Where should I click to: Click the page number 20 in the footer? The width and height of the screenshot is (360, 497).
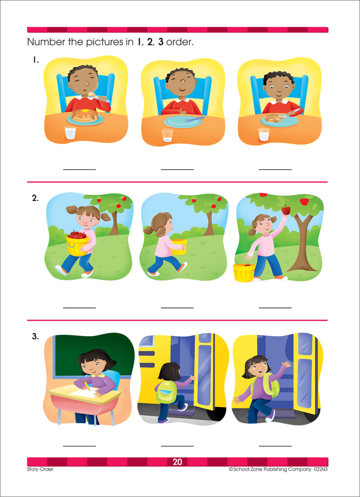point(177,462)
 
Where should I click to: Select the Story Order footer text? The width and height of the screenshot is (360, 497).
point(40,469)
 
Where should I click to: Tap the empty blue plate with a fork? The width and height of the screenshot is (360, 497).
point(180,121)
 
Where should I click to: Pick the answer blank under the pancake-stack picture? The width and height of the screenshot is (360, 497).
point(79,170)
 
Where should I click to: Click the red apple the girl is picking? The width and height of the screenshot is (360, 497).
point(286,209)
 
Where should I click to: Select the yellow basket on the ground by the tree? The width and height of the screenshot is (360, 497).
point(243,273)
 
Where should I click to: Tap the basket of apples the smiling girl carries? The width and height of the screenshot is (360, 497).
point(78,241)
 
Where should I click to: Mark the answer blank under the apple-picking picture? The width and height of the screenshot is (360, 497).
point(275,307)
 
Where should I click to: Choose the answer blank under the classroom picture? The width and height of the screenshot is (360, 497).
point(79,445)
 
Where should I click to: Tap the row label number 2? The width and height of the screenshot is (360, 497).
point(35,197)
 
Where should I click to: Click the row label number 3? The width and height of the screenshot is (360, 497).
point(35,336)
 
